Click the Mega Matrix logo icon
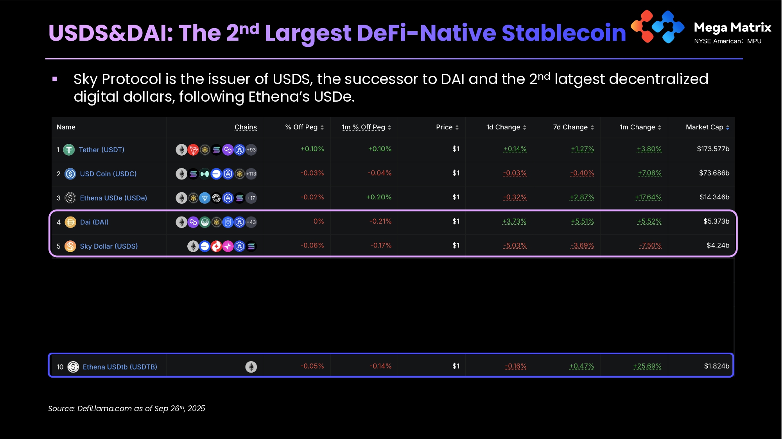pos(658,27)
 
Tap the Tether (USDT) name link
pos(101,150)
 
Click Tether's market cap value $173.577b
pos(713,149)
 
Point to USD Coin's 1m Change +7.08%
pos(649,173)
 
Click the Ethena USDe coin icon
pos(70,198)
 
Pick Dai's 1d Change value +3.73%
pos(514,221)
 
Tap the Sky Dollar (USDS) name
pos(109,246)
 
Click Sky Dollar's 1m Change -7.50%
pos(650,245)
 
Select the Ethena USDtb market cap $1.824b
pos(716,366)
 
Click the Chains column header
pos(246,127)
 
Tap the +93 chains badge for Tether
pos(251,150)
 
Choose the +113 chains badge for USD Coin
pos(251,174)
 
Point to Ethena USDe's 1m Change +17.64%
pos(648,197)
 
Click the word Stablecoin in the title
pos(563,33)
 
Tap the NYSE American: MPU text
pos(728,41)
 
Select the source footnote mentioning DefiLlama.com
pos(126,409)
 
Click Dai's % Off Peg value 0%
pos(319,221)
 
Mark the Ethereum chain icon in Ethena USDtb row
pos(251,367)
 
